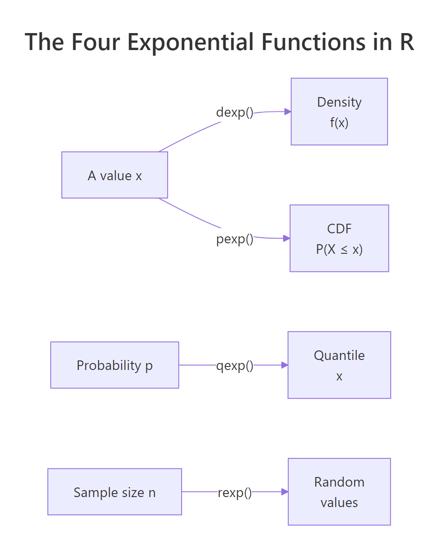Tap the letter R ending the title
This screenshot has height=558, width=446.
(x=406, y=42)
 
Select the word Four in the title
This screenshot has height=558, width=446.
(x=96, y=42)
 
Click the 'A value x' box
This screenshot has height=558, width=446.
(x=115, y=175)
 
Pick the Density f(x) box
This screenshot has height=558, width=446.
(x=339, y=111)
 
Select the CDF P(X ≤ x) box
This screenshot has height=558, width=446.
(x=339, y=238)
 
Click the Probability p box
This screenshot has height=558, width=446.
(x=115, y=365)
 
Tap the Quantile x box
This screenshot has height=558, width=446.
(x=339, y=365)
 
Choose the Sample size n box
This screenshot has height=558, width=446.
(x=115, y=492)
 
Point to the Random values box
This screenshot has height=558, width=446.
(x=339, y=492)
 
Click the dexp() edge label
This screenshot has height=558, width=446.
(x=234, y=112)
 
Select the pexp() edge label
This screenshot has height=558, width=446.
(x=234, y=239)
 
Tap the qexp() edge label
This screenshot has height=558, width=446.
(x=234, y=366)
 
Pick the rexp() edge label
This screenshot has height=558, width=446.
(x=234, y=493)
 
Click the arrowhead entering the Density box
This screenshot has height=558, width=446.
(x=287, y=111)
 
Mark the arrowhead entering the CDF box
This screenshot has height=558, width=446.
(x=287, y=238)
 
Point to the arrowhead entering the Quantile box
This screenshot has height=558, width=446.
(x=284, y=365)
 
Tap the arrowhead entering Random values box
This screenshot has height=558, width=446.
(x=285, y=492)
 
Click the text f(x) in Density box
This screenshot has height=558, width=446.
(x=339, y=123)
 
